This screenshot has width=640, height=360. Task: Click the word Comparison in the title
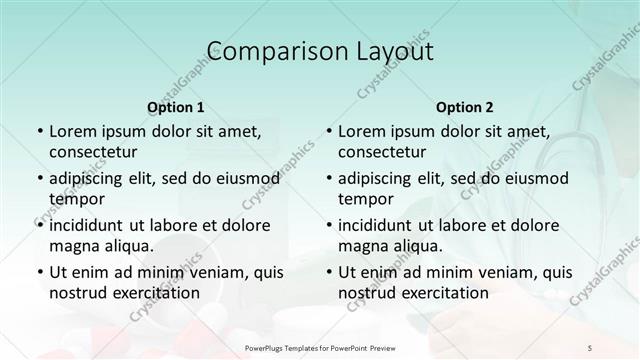(268, 52)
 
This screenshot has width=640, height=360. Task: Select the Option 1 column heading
(176, 107)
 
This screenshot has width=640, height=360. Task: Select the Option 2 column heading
(465, 107)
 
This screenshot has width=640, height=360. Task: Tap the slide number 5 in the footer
(590, 347)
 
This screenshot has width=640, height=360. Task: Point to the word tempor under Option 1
(75, 199)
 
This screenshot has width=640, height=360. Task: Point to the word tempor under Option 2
(364, 199)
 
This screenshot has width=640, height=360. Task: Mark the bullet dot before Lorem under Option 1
(39, 132)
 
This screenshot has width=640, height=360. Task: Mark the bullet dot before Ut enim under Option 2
(328, 272)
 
